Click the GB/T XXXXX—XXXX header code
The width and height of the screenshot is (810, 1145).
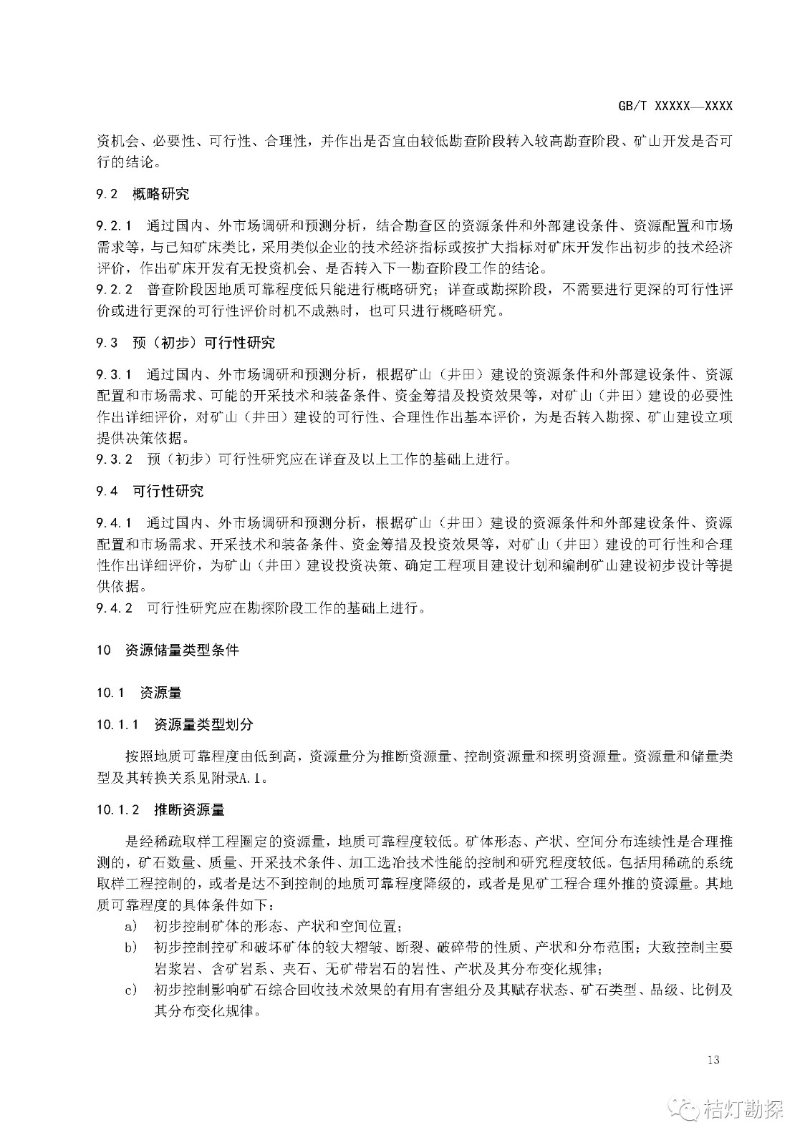point(675,106)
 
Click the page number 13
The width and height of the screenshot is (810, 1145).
point(712,1060)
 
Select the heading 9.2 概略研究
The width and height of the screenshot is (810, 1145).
point(143,193)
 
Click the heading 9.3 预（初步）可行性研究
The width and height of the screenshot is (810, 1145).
point(185,343)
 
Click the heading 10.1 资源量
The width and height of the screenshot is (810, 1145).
point(139,693)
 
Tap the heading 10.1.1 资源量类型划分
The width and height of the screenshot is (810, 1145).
point(175,725)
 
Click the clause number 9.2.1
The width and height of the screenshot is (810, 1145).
point(115,226)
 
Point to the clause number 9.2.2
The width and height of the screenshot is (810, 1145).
point(115,290)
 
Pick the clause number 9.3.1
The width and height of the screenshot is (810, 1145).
point(115,374)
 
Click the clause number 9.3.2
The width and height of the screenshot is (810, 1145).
point(115,459)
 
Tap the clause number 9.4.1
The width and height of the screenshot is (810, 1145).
point(115,522)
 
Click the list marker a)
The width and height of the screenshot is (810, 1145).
point(130,927)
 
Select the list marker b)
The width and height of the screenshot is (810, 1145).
point(130,948)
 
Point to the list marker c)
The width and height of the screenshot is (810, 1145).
point(130,990)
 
